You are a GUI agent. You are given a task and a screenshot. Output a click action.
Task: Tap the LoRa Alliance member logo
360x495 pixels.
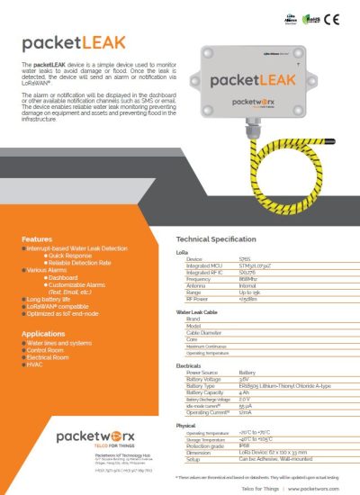pyautogui.click(x=292, y=18)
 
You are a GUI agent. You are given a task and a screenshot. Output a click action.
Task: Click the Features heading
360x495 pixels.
pyautogui.click(x=37, y=239)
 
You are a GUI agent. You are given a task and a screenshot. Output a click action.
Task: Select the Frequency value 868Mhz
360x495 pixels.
pyautogui.click(x=248, y=279)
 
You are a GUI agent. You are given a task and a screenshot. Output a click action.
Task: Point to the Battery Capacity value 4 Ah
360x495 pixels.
pyautogui.click(x=245, y=391)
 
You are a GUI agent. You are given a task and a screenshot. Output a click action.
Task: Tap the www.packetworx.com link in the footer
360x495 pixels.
pyautogui.click(x=315, y=486)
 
